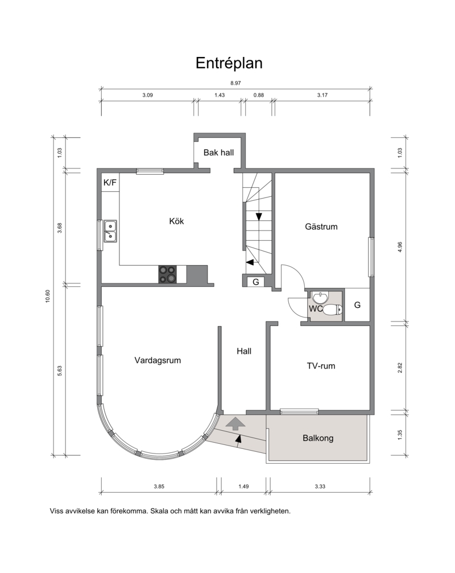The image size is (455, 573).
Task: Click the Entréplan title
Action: pyautogui.click(x=229, y=63)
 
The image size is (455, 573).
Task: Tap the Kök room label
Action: pyautogui.click(x=176, y=221)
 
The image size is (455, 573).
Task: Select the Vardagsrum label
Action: pyautogui.click(x=158, y=360)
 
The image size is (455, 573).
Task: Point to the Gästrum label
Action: pyautogui.click(x=321, y=226)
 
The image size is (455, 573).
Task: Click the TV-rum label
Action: pyautogui.click(x=321, y=366)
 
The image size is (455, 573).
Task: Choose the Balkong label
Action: pyautogui.click(x=318, y=438)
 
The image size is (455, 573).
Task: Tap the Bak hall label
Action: pyautogui.click(x=218, y=152)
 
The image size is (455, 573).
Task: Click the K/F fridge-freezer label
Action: pyautogui.click(x=110, y=182)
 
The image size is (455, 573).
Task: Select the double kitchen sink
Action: pyautogui.click(x=110, y=232)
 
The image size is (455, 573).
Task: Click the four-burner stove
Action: pyautogui.click(x=168, y=274)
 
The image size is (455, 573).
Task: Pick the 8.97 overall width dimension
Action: pyautogui.click(x=235, y=83)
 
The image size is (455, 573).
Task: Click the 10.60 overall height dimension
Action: pyautogui.click(x=47, y=296)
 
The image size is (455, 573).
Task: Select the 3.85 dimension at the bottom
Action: pyautogui.click(x=159, y=487)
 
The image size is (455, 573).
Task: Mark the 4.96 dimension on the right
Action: pyautogui.click(x=400, y=247)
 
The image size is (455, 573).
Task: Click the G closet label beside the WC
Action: pyautogui.click(x=358, y=305)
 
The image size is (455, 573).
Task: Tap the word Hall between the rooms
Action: pyautogui.click(x=244, y=351)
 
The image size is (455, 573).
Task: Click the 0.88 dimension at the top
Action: pyautogui.click(x=259, y=95)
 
